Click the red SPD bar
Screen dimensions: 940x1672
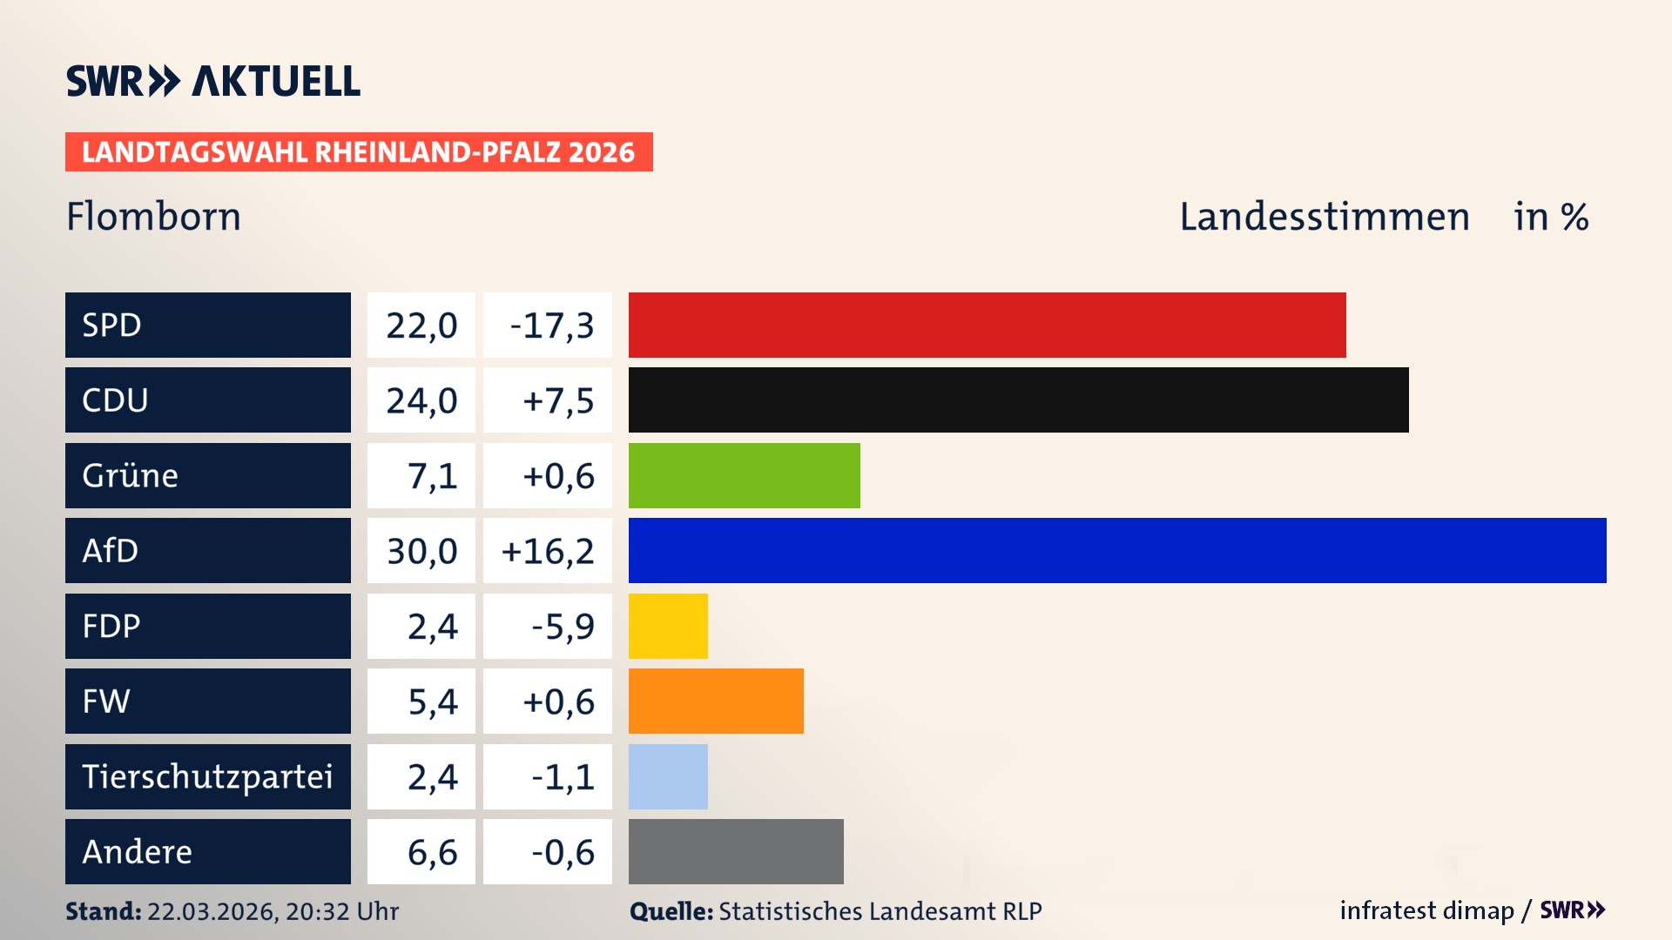[x=987, y=325]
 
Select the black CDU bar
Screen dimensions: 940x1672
[x=1018, y=400]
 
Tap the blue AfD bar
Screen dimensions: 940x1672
[x=1117, y=550]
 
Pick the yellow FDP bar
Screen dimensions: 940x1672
[x=668, y=626]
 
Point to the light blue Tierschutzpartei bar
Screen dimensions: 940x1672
[x=668, y=776]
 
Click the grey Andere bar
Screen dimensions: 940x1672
[x=736, y=851]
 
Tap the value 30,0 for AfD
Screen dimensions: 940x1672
[x=421, y=551]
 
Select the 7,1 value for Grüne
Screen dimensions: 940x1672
[x=432, y=476]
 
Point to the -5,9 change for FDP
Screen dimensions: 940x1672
[x=563, y=627]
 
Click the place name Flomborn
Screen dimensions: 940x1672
[x=153, y=217]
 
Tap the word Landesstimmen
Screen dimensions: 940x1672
[x=1324, y=217]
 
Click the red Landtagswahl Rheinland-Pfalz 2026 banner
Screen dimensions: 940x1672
[x=359, y=152]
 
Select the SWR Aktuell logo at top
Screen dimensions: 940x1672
[x=213, y=81]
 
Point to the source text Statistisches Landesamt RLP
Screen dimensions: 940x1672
[x=880, y=911]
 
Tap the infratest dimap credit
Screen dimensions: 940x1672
[x=1426, y=910]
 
